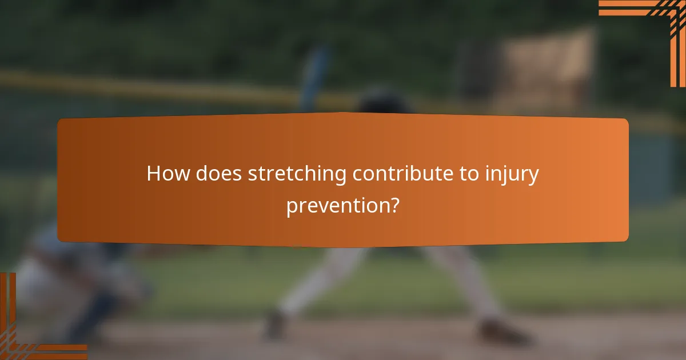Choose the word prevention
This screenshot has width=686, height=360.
point(335,206)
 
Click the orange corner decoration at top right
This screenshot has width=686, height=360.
point(657,23)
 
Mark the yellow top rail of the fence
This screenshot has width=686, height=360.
point(143,86)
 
